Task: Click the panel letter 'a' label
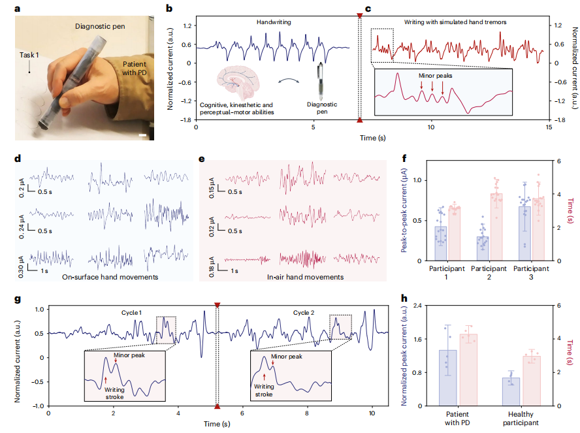coord(16,8)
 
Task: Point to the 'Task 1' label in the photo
coord(29,56)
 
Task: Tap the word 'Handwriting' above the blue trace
coord(272,22)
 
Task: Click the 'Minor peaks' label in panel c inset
coord(436,76)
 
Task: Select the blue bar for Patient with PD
coord(447,377)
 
